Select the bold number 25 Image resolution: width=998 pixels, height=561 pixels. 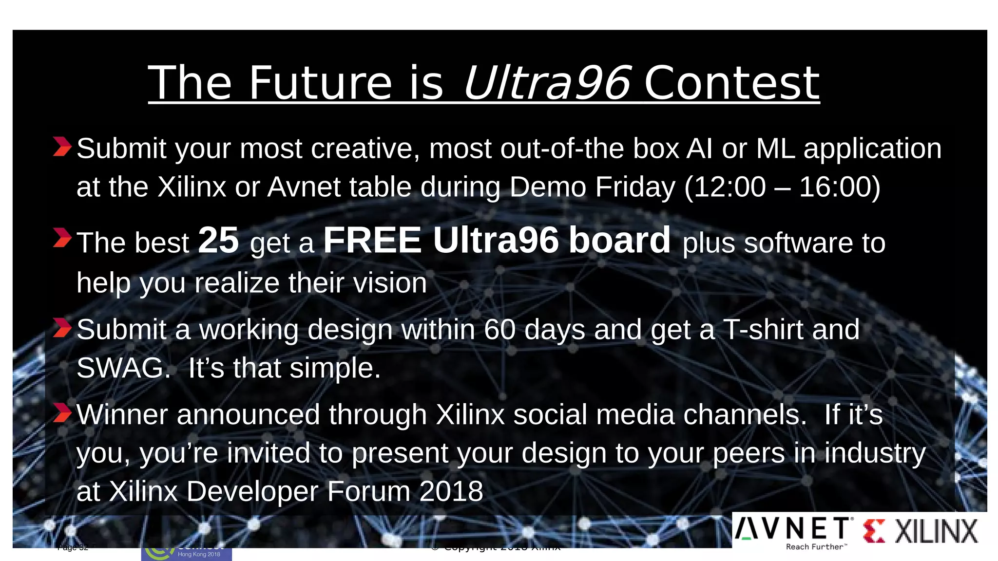click(x=218, y=241)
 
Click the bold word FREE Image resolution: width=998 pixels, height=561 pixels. click(x=372, y=241)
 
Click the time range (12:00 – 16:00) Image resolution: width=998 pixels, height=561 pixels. click(x=782, y=187)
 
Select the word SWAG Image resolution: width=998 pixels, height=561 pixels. click(x=123, y=368)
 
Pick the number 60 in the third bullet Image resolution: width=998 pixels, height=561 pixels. click(x=500, y=330)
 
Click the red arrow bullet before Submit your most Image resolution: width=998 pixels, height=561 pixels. click(x=62, y=147)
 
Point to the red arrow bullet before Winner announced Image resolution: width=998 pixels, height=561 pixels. click(x=62, y=413)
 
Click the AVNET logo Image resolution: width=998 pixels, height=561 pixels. click(x=794, y=529)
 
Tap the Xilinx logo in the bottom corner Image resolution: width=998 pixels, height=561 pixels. click(x=921, y=531)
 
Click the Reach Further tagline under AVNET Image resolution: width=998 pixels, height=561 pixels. click(x=817, y=547)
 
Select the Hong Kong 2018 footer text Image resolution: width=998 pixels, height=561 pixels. click(x=199, y=554)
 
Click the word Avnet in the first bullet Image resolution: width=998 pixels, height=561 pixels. click(x=304, y=187)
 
